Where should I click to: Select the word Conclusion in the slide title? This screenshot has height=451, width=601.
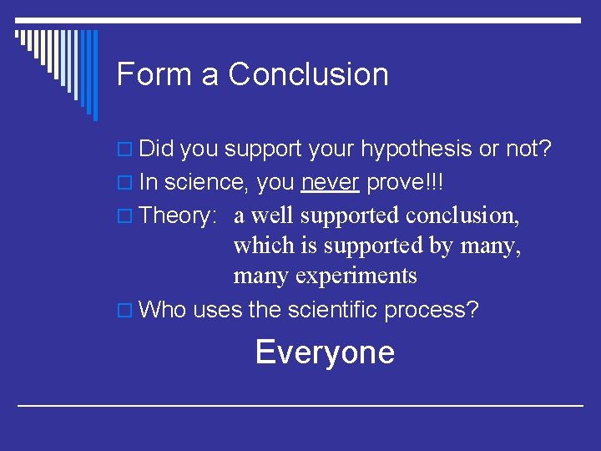pyautogui.click(x=308, y=74)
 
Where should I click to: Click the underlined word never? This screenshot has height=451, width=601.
pyautogui.click(x=330, y=183)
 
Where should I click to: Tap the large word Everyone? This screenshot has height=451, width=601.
pyautogui.click(x=325, y=352)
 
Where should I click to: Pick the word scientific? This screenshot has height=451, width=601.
pyautogui.click(x=332, y=310)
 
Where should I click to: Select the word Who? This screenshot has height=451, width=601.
pyautogui.click(x=163, y=310)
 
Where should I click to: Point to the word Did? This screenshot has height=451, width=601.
pyautogui.click(x=156, y=149)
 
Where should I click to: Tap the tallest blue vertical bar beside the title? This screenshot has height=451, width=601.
pyautogui.click(x=94, y=75)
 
